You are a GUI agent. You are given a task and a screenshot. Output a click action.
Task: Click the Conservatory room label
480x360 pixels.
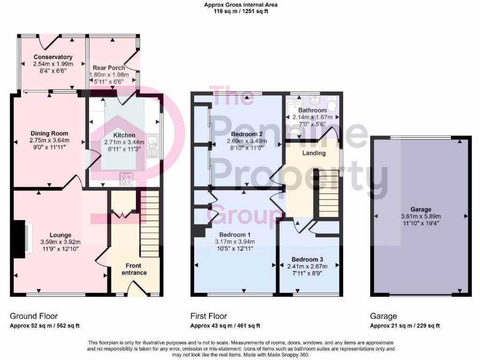[x=52, y=57]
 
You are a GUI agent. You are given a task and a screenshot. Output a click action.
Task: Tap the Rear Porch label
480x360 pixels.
[x=109, y=68]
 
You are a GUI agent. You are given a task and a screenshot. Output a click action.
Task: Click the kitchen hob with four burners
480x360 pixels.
[x=127, y=178]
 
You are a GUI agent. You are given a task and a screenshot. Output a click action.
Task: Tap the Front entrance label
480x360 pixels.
[x=134, y=269]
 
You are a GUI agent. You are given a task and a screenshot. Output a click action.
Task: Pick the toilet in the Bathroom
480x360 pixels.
[x=332, y=104]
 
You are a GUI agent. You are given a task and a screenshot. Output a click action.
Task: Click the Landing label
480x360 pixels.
[x=314, y=153]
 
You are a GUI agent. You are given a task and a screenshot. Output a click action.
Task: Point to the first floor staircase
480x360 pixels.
[x=328, y=192]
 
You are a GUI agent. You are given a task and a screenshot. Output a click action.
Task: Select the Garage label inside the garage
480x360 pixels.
[x=420, y=210]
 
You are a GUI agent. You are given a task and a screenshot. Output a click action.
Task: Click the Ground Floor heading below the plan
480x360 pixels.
[x=34, y=316]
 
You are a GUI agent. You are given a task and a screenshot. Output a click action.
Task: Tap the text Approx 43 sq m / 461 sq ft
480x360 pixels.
[x=225, y=326]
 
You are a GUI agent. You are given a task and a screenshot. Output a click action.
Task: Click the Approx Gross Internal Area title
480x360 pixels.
[x=240, y=5]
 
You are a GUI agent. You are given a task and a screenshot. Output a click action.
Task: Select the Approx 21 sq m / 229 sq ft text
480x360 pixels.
[x=405, y=326]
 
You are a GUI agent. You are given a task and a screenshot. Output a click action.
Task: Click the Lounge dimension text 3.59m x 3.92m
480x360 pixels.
[x=60, y=242]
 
